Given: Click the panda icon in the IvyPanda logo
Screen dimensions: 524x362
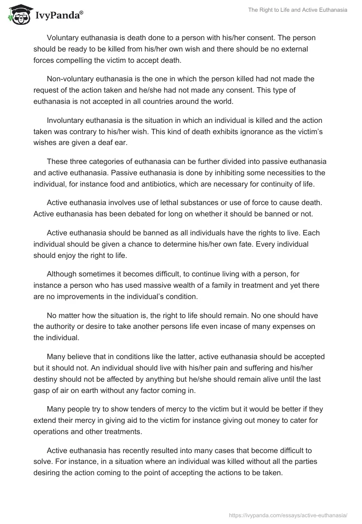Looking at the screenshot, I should pos(17,14).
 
